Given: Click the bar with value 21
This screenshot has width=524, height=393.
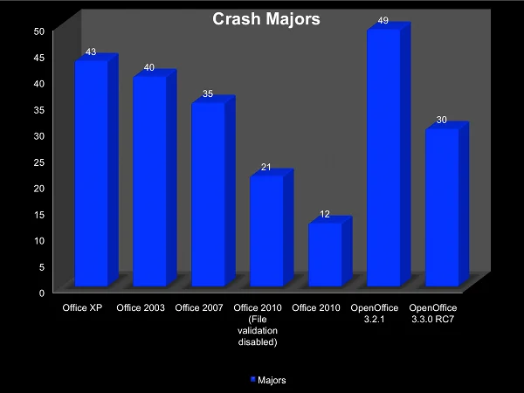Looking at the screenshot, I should (265, 231).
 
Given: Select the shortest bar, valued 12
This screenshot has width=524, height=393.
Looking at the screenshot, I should (324, 254).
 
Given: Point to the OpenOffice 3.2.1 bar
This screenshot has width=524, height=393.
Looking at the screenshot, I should (383, 158).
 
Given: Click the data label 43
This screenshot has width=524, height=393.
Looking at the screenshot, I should (90, 52).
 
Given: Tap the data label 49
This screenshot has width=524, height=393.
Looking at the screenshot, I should (383, 20).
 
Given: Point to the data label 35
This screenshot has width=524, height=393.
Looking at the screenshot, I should (207, 93).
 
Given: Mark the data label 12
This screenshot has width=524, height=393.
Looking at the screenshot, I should (324, 213).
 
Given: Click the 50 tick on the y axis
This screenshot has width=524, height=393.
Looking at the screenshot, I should (38, 31).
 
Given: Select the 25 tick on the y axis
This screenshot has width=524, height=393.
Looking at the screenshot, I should (38, 162).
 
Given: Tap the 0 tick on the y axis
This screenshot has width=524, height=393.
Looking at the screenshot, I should (41, 293).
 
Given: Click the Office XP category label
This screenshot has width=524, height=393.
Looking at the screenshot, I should (82, 308).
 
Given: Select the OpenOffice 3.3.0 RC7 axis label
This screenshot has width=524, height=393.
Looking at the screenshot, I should (433, 314).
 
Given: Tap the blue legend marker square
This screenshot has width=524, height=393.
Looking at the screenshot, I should (253, 380).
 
